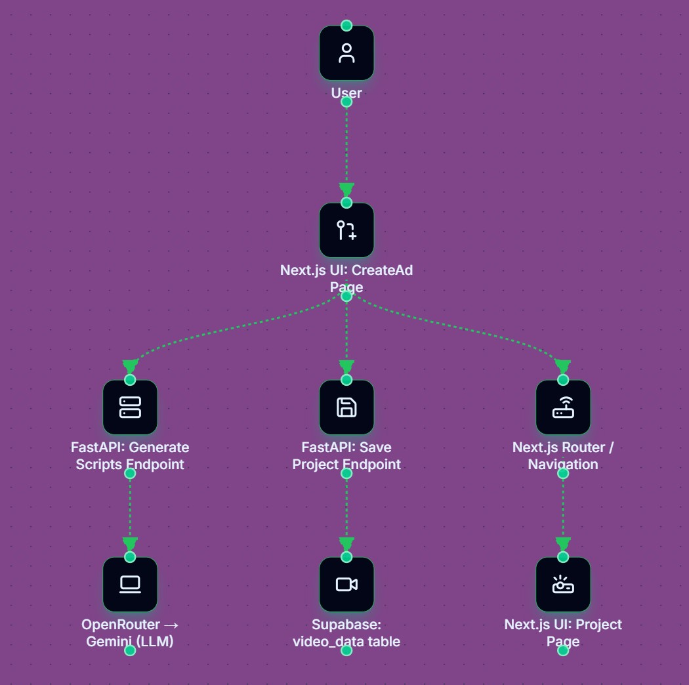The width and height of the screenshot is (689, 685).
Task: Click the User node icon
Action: [x=346, y=53]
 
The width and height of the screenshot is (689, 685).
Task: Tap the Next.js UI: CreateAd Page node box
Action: [x=346, y=230]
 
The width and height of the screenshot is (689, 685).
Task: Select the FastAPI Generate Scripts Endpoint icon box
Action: [x=130, y=407]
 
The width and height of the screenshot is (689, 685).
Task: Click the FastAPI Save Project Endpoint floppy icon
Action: [x=346, y=407]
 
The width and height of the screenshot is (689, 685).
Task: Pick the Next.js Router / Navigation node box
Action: [x=563, y=407]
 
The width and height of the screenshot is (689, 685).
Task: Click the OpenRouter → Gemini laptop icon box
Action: [x=130, y=585]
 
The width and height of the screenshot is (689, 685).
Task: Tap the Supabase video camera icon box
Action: [x=346, y=585]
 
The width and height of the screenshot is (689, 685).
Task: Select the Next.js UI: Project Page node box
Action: [x=563, y=585]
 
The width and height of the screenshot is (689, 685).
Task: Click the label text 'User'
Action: [x=346, y=93]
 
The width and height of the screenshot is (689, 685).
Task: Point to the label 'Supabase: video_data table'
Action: [x=346, y=633]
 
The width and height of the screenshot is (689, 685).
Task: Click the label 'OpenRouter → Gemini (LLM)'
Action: [x=130, y=633]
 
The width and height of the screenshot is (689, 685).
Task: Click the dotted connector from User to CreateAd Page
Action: [x=346, y=144]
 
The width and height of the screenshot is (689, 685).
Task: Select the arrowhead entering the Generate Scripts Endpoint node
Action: [x=130, y=366]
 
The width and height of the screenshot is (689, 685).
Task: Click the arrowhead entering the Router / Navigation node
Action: [x=563, y=366]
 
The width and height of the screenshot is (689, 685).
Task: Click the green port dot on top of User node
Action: [x=346, y=26]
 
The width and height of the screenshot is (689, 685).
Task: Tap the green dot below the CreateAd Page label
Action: [x=346, y=296]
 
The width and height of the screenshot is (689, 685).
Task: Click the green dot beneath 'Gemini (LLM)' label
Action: [x=130, y=650]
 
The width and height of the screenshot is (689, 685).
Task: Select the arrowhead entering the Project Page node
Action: [x=563, y=544]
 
